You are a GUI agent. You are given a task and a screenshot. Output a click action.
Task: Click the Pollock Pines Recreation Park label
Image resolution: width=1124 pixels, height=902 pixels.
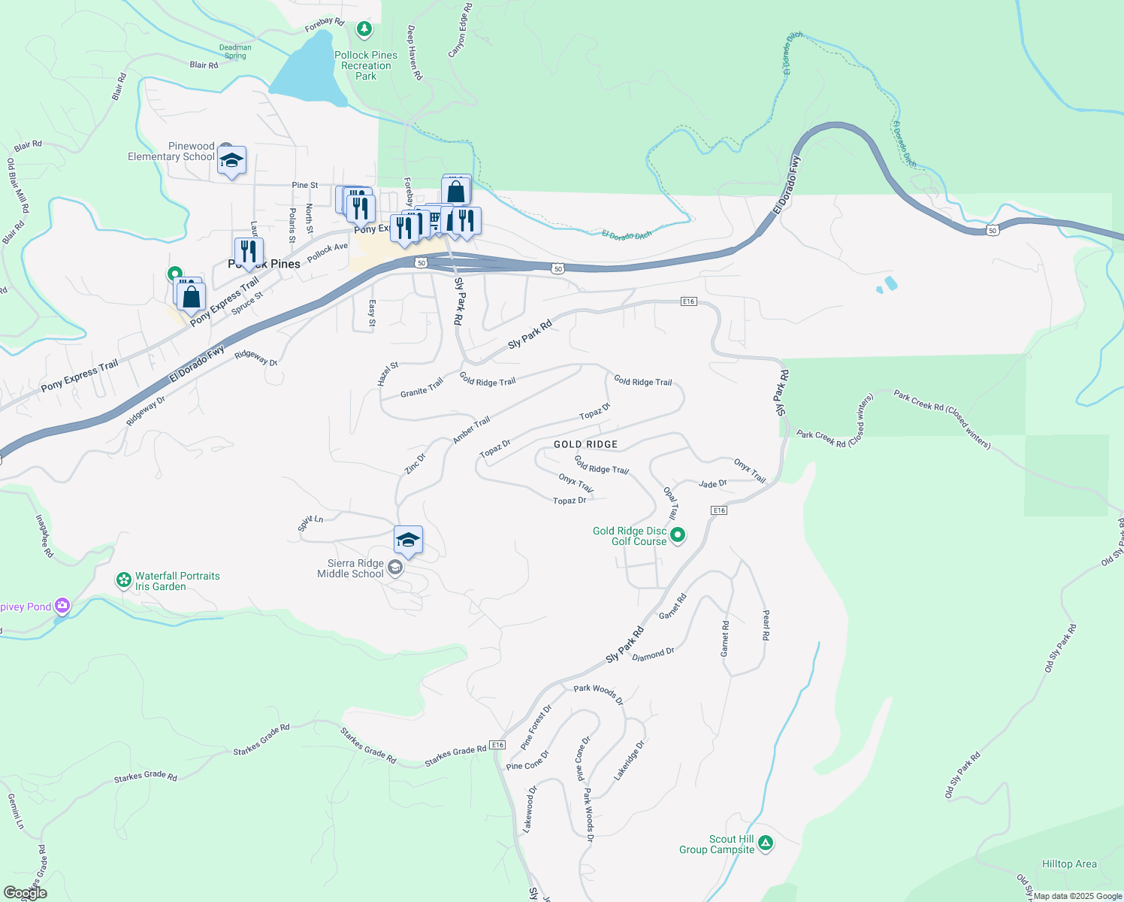366,65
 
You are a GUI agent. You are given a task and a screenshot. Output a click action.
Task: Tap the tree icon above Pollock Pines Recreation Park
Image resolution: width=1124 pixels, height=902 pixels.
364,29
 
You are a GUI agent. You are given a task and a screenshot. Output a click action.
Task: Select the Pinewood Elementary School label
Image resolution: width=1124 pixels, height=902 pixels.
171,151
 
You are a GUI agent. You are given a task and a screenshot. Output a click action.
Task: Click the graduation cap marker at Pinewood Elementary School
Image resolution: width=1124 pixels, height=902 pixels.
231,160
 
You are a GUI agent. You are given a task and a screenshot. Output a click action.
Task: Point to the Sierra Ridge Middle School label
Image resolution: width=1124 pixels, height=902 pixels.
350,568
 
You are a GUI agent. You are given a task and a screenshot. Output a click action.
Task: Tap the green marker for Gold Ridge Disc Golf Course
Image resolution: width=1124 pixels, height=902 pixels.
678,535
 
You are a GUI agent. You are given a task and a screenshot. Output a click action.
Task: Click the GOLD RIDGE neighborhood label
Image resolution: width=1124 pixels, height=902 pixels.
585,444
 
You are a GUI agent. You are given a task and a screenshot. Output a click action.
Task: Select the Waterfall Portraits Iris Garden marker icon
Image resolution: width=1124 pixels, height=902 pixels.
123,580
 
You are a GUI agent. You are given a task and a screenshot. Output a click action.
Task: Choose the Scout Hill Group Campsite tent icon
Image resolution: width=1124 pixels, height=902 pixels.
765,843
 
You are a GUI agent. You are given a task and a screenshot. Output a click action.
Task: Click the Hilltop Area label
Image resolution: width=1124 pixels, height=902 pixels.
1069,864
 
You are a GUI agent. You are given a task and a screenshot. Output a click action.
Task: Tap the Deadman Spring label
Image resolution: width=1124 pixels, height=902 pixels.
235,51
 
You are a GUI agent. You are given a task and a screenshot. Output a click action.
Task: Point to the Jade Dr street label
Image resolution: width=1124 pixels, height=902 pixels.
712,484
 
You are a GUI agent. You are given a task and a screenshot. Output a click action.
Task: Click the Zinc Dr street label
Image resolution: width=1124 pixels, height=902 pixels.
415,463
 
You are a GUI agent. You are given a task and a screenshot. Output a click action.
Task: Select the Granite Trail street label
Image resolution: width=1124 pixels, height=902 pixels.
421,389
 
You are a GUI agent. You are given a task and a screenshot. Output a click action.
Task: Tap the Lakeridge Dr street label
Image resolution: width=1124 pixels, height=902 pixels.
630,761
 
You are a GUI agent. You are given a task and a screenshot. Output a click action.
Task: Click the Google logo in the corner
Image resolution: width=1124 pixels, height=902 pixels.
26,893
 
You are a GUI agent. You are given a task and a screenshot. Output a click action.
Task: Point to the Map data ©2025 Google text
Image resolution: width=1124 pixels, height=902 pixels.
1077,896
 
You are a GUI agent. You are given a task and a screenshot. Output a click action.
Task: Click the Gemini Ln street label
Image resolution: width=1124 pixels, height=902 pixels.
16,811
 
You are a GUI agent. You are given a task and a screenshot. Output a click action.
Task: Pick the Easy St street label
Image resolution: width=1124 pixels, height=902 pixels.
372,313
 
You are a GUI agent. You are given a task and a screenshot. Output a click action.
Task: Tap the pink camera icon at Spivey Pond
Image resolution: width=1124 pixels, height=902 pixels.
62,605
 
